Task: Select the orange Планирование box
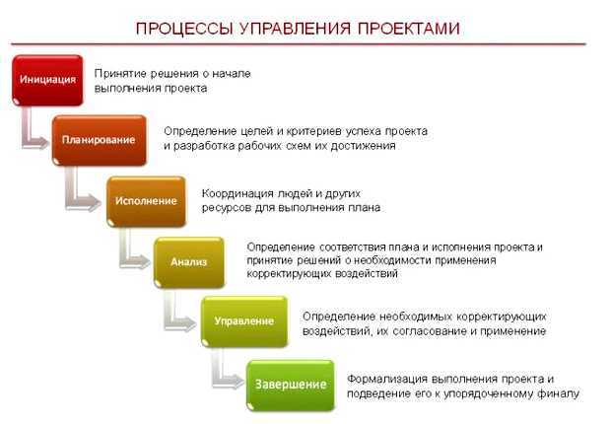click(99, 140)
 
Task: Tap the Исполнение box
click(145, 200)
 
